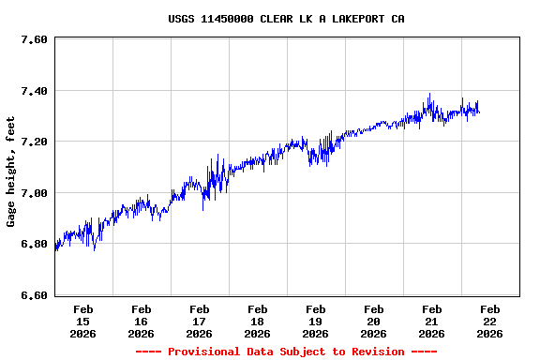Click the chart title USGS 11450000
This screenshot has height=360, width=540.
pos(286,19)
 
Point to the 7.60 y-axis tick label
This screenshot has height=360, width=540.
pos(34,40)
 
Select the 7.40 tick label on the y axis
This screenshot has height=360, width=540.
pos(34,91)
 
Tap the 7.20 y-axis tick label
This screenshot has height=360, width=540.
pos(34,142)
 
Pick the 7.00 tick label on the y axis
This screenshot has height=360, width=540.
pos(34,193)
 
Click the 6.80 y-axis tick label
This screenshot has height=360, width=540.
pos(34,245)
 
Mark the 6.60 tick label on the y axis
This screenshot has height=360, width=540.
pos(34,295)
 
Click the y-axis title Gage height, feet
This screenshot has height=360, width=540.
pos(11,172)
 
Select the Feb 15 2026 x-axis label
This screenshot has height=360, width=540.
pos(82,321)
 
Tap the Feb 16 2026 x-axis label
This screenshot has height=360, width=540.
pos(141,321)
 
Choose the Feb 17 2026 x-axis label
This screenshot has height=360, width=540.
pos(199,321)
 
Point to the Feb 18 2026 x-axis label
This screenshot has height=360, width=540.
pos(257,321)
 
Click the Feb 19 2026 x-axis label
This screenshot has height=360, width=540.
pos(315,321)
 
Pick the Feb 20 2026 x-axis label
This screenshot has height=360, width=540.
pos(373,321)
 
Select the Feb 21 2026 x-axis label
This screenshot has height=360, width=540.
pos(431,321)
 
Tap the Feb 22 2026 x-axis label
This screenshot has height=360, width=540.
pos(489,321)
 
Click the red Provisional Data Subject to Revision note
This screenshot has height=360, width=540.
pos(286,352)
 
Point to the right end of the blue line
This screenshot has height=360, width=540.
pos(479,112)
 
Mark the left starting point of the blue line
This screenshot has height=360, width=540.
pos(55,249)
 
